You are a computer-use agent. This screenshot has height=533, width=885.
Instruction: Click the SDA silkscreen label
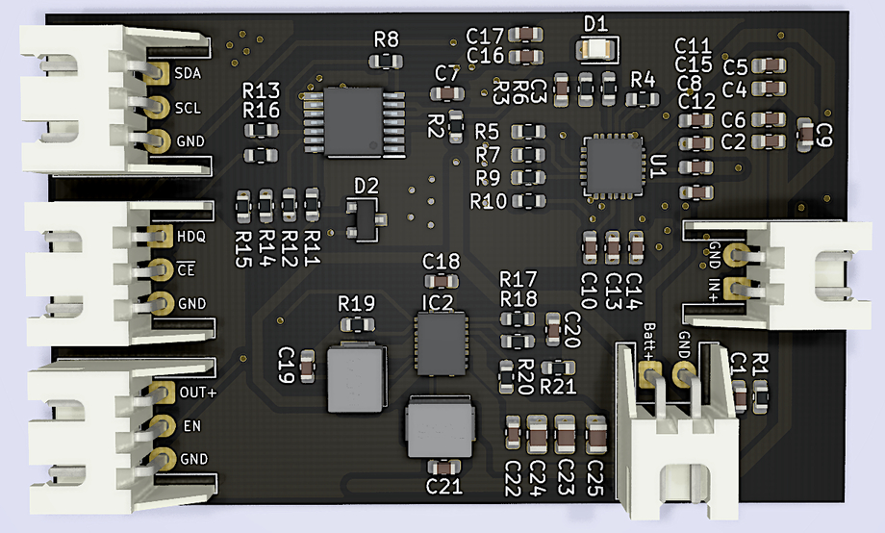point(189,73)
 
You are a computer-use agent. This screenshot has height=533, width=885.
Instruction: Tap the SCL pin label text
point(189,107)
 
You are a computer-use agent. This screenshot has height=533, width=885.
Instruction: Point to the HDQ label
point(191,235)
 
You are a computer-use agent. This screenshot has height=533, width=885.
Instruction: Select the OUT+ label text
point(198,393)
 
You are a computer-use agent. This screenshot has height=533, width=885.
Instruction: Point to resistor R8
point(386,61)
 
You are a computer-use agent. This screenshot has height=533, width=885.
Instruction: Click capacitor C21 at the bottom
point(443,467)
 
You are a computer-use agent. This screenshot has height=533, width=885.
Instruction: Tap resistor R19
point(356,324)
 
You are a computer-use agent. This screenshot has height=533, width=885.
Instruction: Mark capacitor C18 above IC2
point(442,281)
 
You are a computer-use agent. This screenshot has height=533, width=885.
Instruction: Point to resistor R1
point(761,393)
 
